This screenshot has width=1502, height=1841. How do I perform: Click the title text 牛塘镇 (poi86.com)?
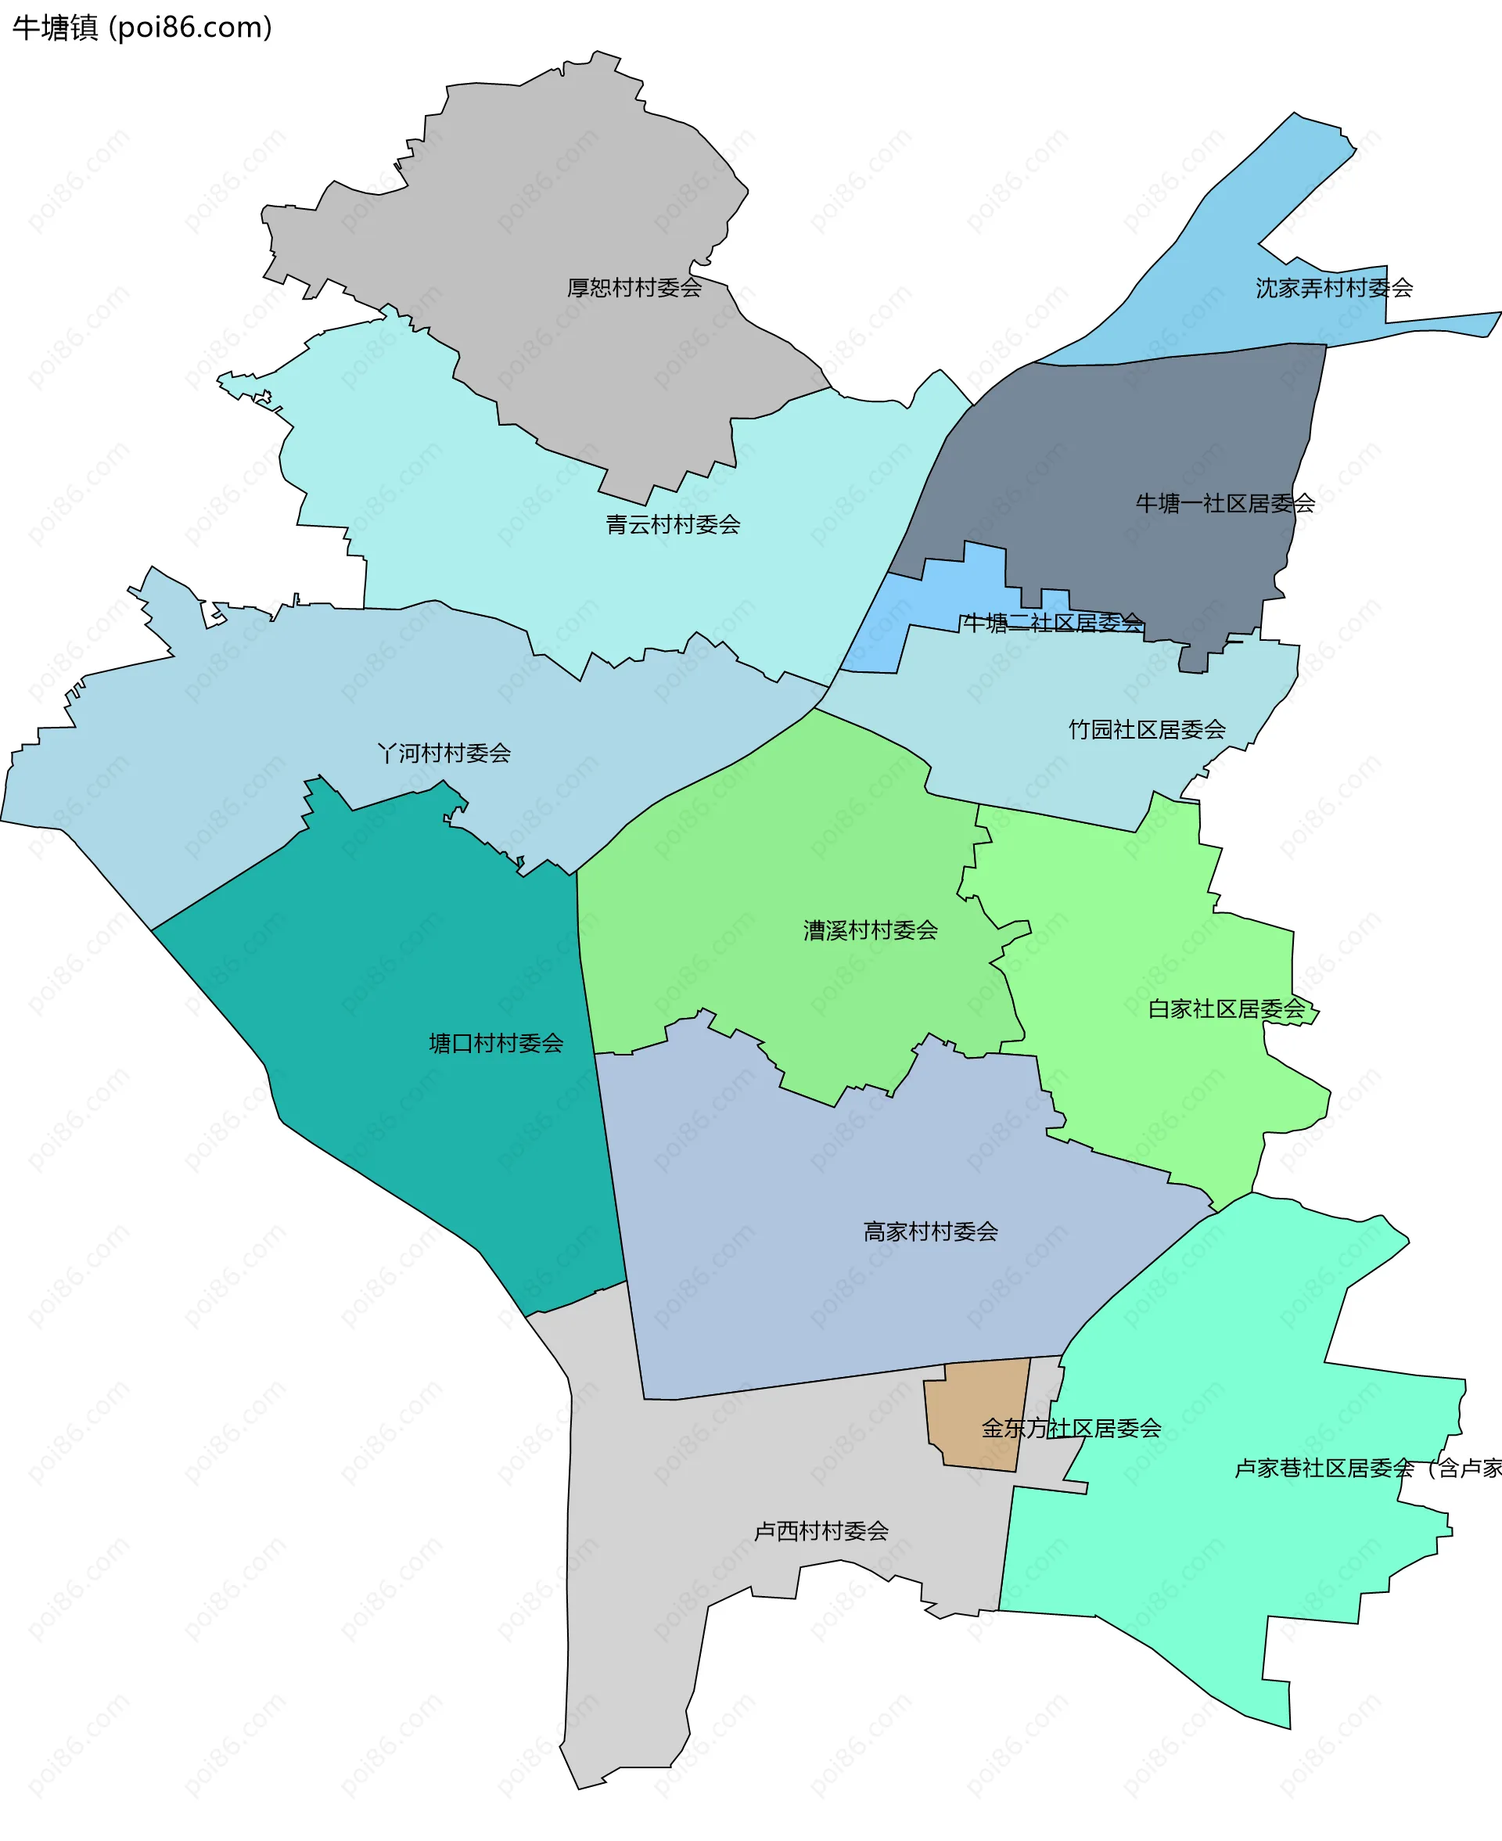click(x=142, y=27)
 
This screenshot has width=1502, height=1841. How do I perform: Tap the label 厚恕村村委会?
click(x=634, y=288)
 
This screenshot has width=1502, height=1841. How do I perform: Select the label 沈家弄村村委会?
click(x=1333, y=288)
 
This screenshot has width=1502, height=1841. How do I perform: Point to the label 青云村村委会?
click(x=672, y=524)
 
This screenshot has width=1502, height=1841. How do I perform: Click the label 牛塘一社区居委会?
click(x=1224, y=504)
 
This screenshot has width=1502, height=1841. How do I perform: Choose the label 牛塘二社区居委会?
click(x=1052, y=623)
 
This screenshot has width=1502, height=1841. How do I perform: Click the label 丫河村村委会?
click(x=444, y=753)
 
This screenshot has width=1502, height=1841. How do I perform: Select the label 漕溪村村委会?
click(x=870, y=930)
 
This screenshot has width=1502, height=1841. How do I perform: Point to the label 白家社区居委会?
click(x=1225, y=1009)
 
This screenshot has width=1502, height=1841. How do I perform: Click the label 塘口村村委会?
click(x=496, y=1044)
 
